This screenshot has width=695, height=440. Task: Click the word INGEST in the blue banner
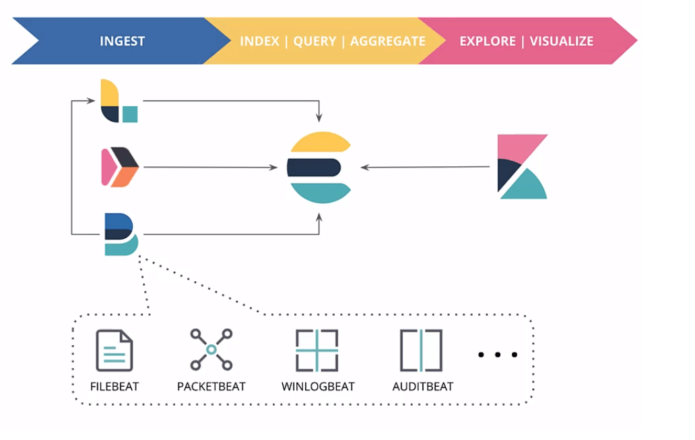(x=122, y=41)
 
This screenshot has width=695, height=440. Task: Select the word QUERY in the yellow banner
(x=315, y=41)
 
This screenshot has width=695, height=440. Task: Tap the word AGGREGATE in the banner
(x=387, y=41)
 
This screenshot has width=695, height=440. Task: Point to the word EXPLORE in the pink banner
(x=488, y=41)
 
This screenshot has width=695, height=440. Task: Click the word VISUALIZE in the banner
(x=561, y=41)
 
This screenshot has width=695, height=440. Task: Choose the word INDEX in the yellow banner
(x=259, y=41)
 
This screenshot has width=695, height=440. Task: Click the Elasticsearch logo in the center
(x=319, y=168)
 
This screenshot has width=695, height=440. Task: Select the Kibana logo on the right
(x=521, y=167)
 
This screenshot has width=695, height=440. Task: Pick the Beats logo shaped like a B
(x=121, y=234)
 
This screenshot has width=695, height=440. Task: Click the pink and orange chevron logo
(x=120, y=167)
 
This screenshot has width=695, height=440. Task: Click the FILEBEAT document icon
(x=114, y=351)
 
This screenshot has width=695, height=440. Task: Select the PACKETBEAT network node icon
(x=211, y=350)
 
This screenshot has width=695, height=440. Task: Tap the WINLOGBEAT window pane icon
(x=317, y=351)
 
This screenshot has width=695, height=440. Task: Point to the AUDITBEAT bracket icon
(x=421, y=351)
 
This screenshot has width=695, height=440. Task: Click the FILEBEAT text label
(x=114, y=387)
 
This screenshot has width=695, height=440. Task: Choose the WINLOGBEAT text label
(x=318, y=387)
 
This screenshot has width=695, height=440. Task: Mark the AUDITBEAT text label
(x=422, y=387)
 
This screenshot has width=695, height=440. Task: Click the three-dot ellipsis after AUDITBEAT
(x=498, y=354)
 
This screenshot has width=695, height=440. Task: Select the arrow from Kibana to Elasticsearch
(x=424, y=167)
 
